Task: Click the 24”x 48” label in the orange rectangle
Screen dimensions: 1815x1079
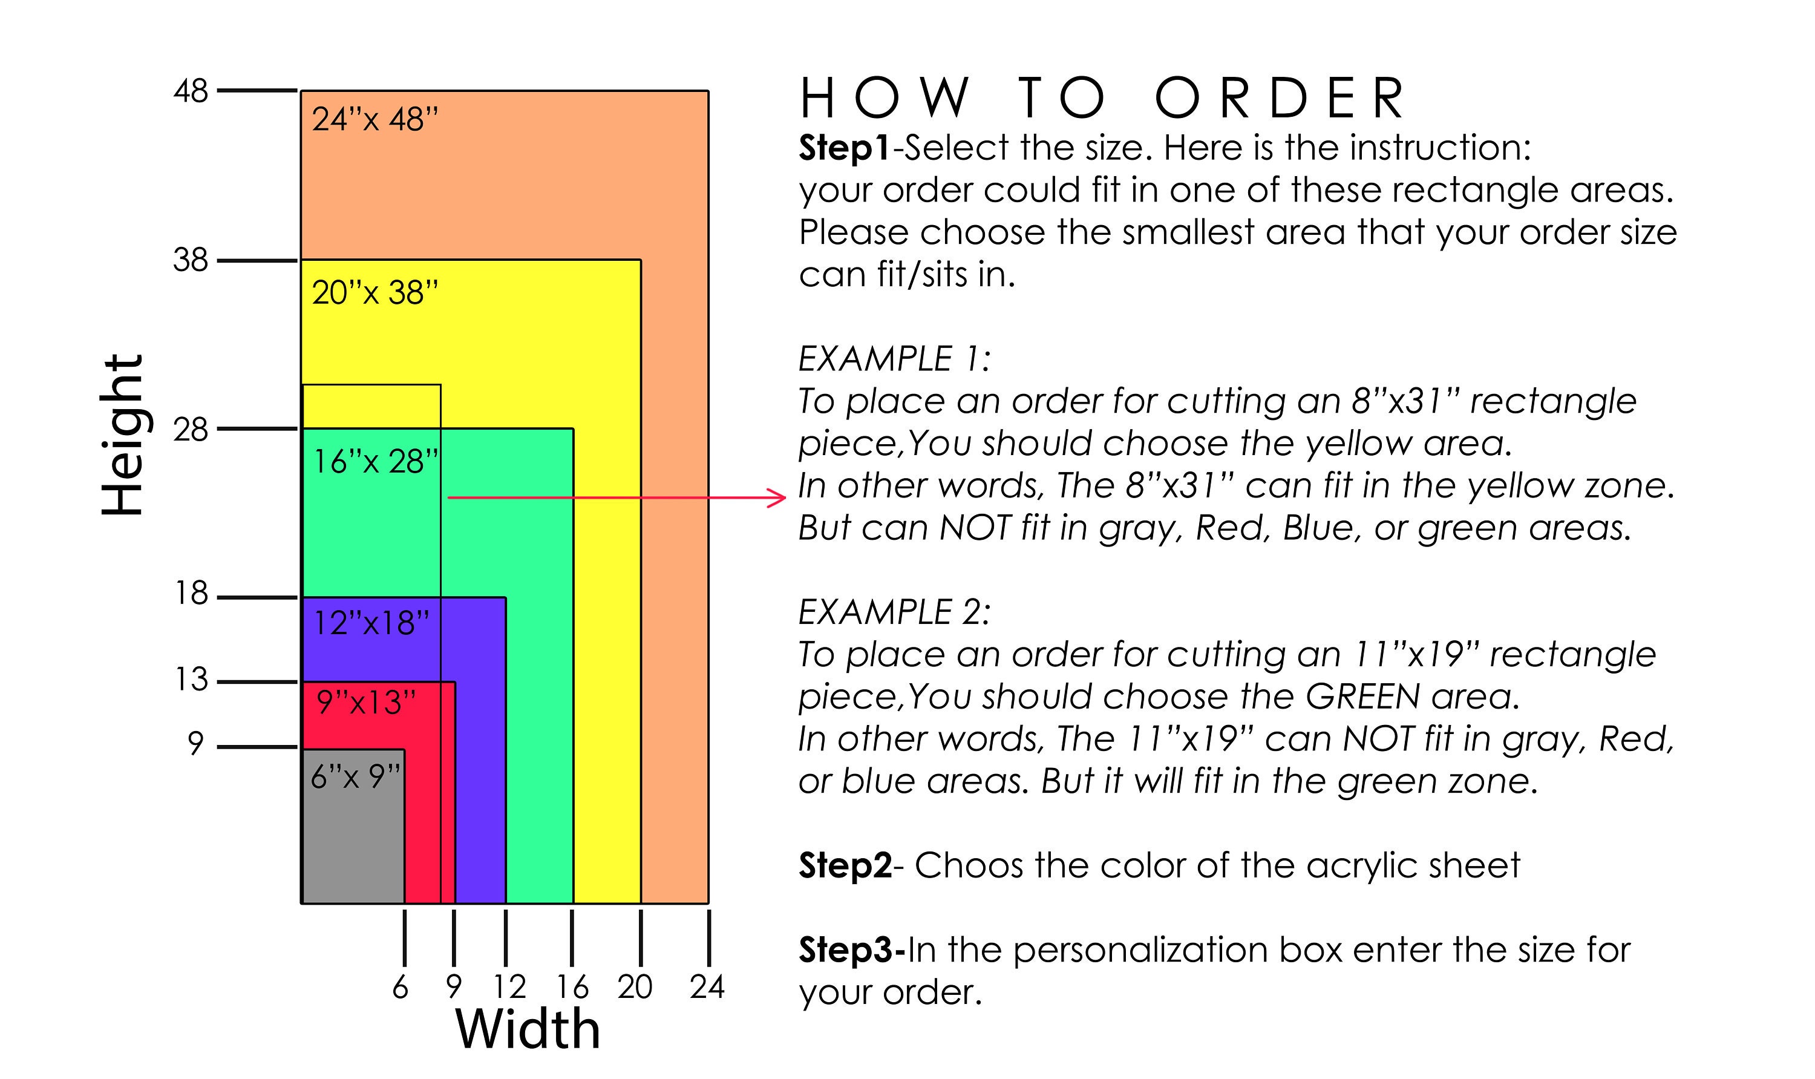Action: click(375, 119)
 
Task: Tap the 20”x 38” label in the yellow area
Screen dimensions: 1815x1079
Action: click(375, 293)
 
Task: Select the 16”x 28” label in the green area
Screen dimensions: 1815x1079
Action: click(376, 462)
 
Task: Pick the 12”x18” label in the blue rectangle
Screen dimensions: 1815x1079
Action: click(371, 623)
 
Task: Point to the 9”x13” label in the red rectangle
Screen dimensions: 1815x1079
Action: click(367, 703)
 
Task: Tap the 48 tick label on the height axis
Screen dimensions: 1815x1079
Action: click(191, 91)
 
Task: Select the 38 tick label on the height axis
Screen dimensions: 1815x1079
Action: click(191, 260)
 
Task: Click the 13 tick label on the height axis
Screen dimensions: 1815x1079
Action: click(192, 680)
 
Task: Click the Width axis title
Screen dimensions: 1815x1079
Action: click(528, 1029)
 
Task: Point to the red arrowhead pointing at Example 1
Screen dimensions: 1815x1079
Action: click(778, 498)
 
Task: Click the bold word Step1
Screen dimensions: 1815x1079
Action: click(845, 148)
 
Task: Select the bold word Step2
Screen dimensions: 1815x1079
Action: click(845, 865)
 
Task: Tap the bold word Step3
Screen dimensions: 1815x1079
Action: click(852, 949)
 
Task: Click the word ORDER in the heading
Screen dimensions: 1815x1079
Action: click(1280, 98)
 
